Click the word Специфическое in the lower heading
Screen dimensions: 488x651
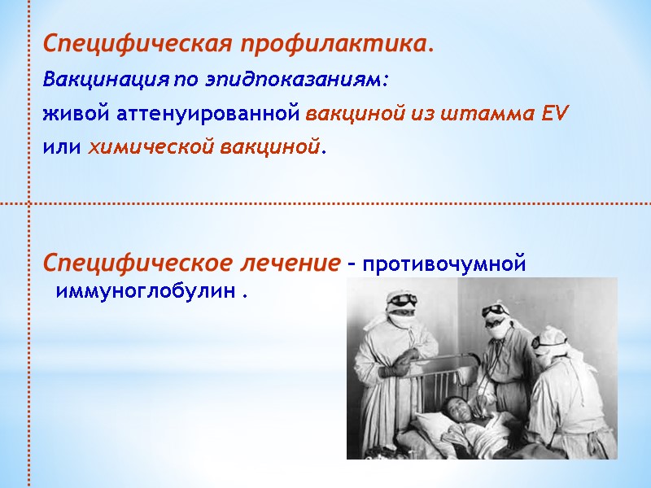tap(138, 264)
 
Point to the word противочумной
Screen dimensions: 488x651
tap(444, 265)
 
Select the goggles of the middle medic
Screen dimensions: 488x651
tap(496, 312)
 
